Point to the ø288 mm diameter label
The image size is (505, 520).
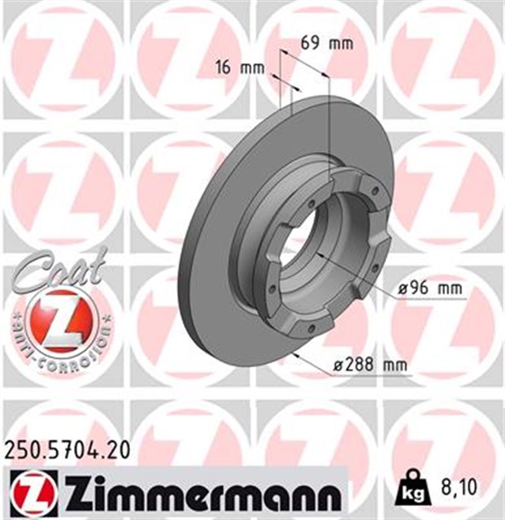370,365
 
